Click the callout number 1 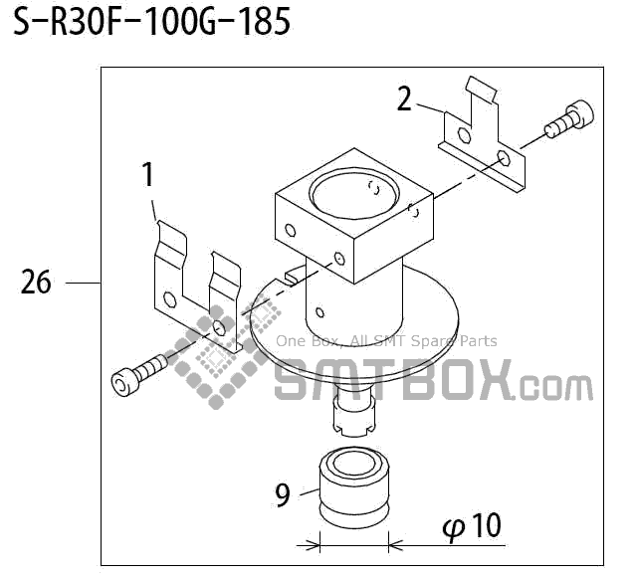coord(147,176)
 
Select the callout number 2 coord(403,98)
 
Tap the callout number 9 coord(283,493)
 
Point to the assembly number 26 coord(36,284)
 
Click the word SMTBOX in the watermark coord(393,381)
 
